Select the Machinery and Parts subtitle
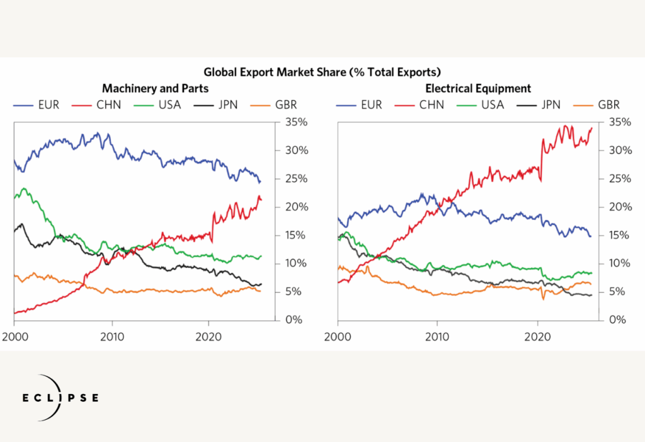click(x=155, y=88)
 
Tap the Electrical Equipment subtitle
click(x=478, y=88)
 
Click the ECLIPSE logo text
click(x=61, y=398)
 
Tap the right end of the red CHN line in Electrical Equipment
click(x=591, y=128)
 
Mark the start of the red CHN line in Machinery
click(x=14, y=313)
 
